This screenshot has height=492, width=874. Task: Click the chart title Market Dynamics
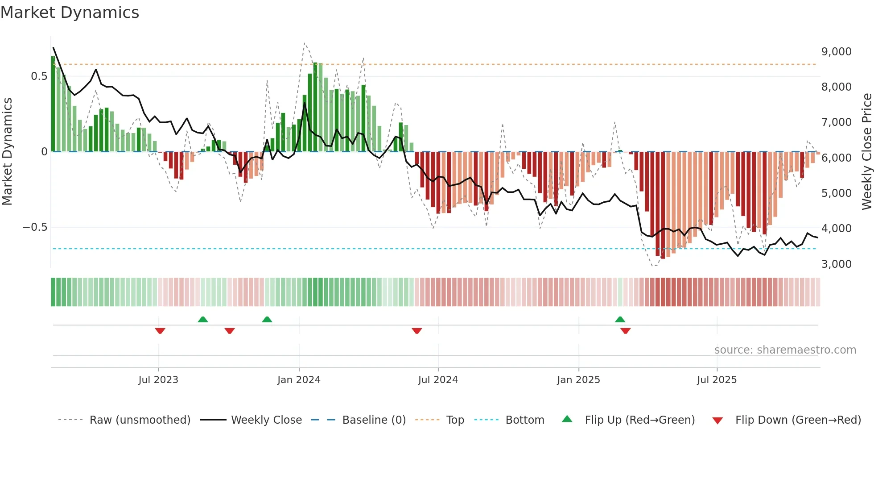[x=70, y=13]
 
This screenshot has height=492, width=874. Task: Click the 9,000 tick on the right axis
[x=836, y=52]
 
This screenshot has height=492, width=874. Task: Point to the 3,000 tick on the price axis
[x=836, y=264]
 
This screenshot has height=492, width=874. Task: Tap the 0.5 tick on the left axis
[x=39, y=76]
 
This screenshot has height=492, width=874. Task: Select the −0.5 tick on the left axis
[x=35, y=227]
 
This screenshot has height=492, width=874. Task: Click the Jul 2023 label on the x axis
[x=158, y=380]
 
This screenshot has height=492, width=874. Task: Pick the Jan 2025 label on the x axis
[x=578, y=380]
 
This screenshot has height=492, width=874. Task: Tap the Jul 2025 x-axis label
[x=717, y=380]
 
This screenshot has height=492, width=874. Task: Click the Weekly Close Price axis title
[x=866, y=152]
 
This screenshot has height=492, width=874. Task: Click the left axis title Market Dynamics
[x=7, y=152]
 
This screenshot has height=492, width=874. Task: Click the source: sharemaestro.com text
[x=785, y=350]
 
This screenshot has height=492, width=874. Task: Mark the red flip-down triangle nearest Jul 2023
[x=160, y=331]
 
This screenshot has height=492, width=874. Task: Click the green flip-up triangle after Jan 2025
[x=620, y=319]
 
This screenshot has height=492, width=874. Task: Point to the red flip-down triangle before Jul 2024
[x=416, y=331]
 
